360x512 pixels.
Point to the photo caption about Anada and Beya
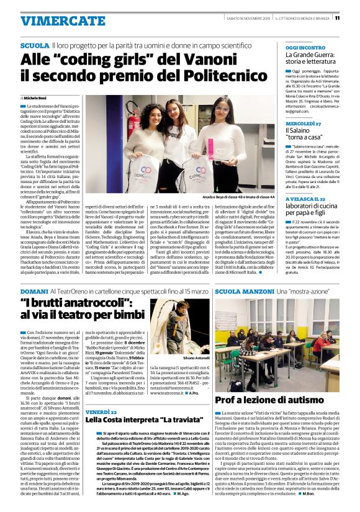(x=230, y=196)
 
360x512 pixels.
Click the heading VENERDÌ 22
(x=101, y=411)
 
